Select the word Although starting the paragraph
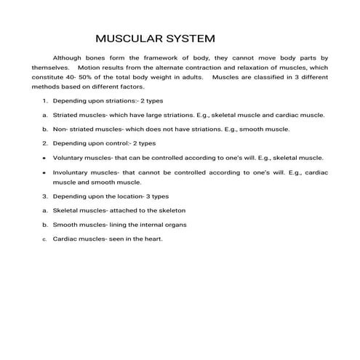pos(69,57)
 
